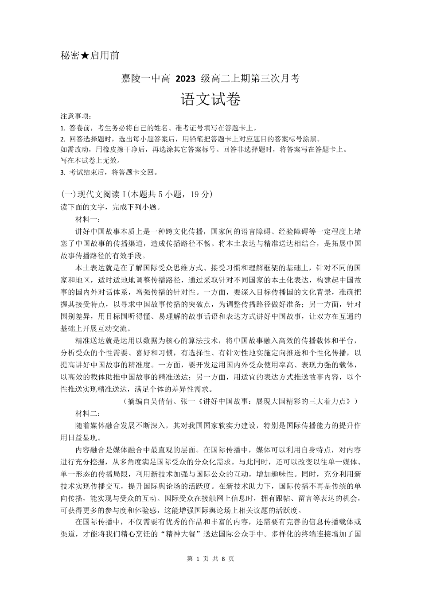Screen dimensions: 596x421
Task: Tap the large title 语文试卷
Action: click(210, 99)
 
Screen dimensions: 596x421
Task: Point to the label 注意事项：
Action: click(76, 117)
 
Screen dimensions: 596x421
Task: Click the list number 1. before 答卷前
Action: click(62, 128)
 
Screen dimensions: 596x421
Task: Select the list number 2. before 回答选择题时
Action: click(62, 139)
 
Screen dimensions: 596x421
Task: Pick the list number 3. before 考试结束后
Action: click(62, 172)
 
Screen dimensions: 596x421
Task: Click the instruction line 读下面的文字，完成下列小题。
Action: click(110, 207)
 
